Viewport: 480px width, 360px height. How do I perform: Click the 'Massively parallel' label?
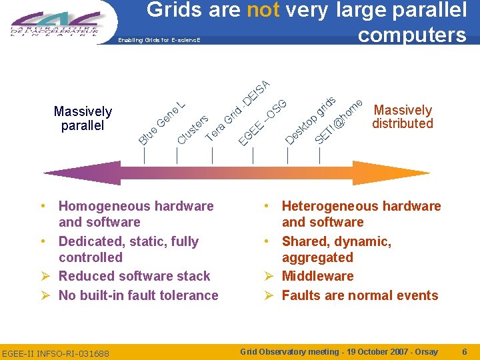click(x=83, y=118)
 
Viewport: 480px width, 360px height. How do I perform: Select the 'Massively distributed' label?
click(x=403, y=117)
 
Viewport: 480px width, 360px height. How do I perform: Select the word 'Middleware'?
click(x=317, y=276)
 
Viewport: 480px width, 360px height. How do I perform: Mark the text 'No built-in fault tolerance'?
click(x=139, y=295)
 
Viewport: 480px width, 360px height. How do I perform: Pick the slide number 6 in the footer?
click(x=464, y=351)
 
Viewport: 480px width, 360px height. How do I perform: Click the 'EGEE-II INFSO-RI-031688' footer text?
click(x=55, y=353)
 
